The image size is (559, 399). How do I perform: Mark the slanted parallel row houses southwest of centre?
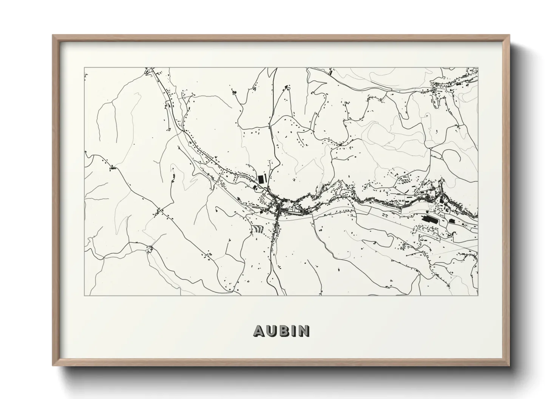point(257,229)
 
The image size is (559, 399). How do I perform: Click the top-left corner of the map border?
point(84,68)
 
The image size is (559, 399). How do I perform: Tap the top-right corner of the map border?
point(478,68)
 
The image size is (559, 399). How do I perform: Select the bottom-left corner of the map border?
point(84,296)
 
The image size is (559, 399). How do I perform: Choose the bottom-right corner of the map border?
point(478,296)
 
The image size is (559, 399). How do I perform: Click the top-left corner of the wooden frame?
point(53,35)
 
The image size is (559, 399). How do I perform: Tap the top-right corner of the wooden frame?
point(510,35)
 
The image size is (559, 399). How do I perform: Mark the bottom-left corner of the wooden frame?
point(53,366)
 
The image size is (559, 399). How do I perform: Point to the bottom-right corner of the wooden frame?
point(510,366)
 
